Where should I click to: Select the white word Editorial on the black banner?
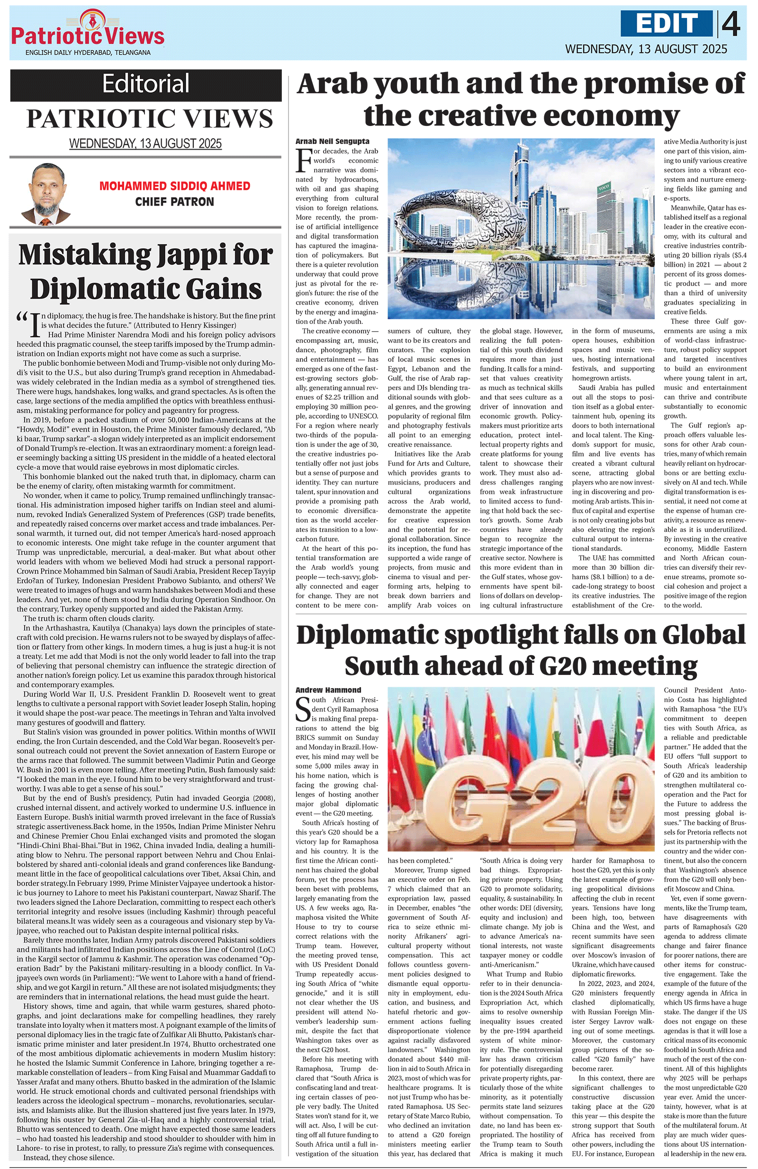click(x=146, y=83)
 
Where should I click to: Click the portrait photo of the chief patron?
click(x=45, y=194)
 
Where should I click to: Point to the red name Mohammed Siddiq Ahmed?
click(x=175, y=186)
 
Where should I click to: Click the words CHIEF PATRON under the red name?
click(x=175, y=202)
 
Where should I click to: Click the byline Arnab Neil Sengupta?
click(x=333, y=142)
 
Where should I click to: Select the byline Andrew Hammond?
click(x=328, y=690)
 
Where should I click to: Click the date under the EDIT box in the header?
click(x=646, y=49)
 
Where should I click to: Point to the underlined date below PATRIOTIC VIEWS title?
click(x=145, y=144)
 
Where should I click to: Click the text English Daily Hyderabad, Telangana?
click(x=88, y=53)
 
